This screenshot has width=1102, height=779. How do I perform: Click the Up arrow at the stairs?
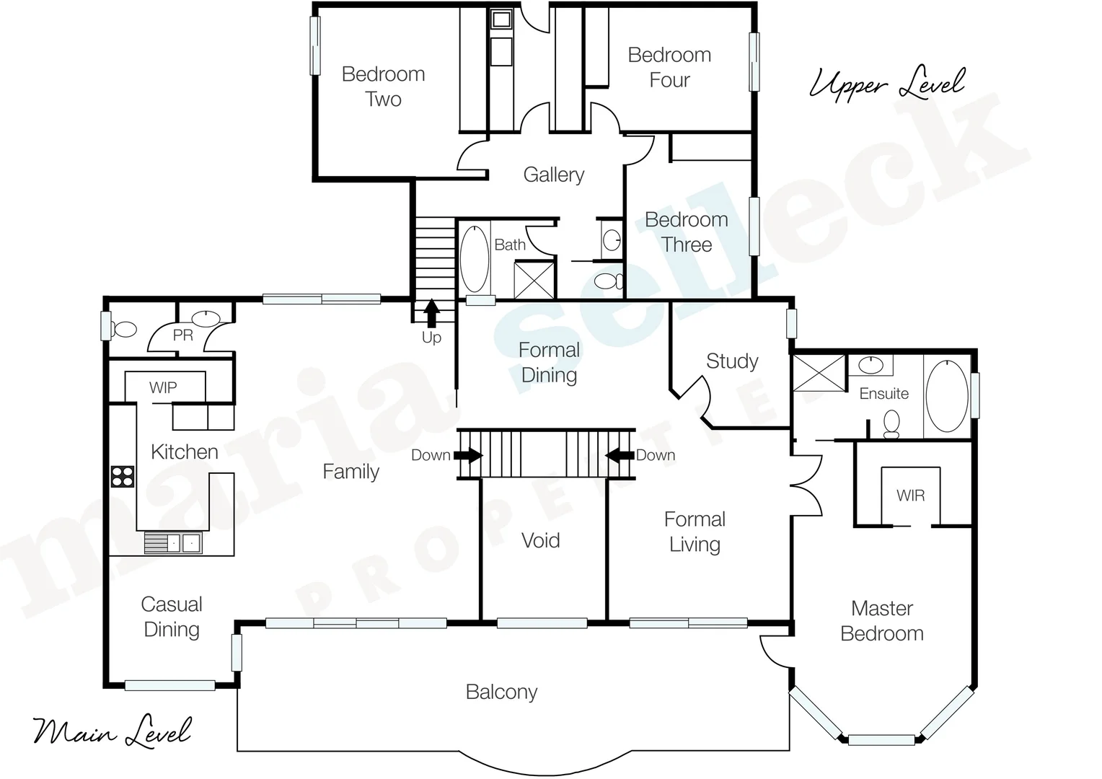pyautogui.click(x=431, y=313)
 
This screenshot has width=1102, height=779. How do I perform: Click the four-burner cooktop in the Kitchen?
pyautogui.click(x=122, y=476)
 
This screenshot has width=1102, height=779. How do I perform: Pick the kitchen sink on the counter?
pyautogui.click(x=173, y=542)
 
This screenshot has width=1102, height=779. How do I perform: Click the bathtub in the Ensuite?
pyautogui.click(x=946, y=395)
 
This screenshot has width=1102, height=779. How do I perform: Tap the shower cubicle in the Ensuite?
pyautogui.click(x=819, y=373)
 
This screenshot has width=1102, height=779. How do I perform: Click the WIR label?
pyautogui.click(x=910, y=496)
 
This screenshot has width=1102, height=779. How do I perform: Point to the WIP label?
pyautogui.click(x=163, y=387)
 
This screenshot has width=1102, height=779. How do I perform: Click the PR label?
pyautogui.click(x=183, y=335)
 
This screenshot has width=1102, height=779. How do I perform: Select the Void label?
pyautogui.click(x=540, y=540)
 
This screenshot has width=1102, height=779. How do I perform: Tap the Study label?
pyautogui.click(x=732, y=361)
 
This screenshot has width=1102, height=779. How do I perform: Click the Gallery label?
pyautogui.click(x=553, y=175)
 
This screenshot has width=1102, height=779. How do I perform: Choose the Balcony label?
pyautogui.click(x=501, y=692)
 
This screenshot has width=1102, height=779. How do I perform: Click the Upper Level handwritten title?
pyautogui.click(x=886, y=84)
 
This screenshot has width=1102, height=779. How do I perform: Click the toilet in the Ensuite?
pyautogui.click(x=892, y=424)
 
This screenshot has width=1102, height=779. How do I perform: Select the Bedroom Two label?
pyautogui.click(x=383, y=87)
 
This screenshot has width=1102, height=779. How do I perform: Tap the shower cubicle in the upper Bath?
pyautogui.click(x=534, y=281)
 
